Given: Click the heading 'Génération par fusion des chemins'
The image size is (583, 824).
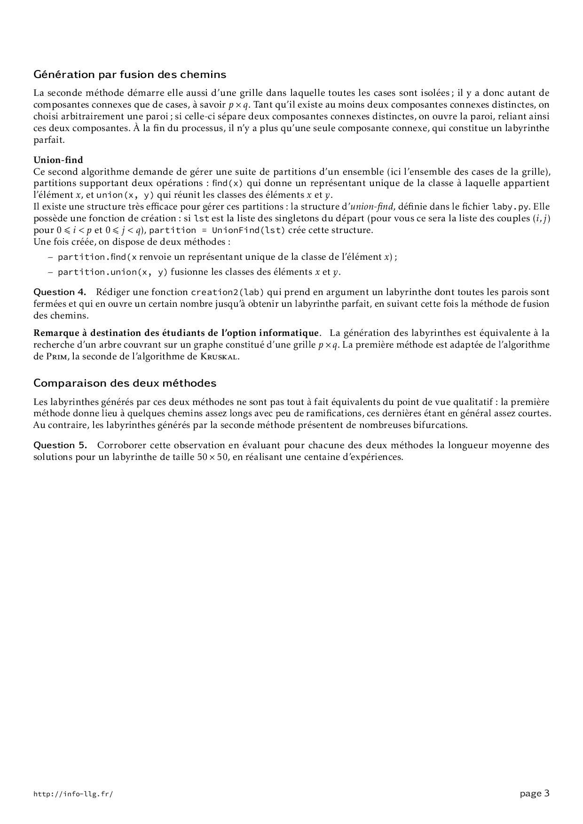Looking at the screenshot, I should point(130,75).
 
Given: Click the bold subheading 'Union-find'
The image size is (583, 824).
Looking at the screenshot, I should point(58,160).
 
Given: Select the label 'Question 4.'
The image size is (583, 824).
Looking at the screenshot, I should point(60,292).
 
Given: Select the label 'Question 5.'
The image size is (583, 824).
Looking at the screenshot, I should point(60,445).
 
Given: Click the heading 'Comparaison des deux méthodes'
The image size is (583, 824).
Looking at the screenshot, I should point(125,383).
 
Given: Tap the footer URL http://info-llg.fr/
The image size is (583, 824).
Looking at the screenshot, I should point(73,794).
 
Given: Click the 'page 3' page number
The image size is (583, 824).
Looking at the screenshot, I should point(535,793).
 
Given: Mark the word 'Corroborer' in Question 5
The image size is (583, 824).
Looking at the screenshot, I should point(120,445).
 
